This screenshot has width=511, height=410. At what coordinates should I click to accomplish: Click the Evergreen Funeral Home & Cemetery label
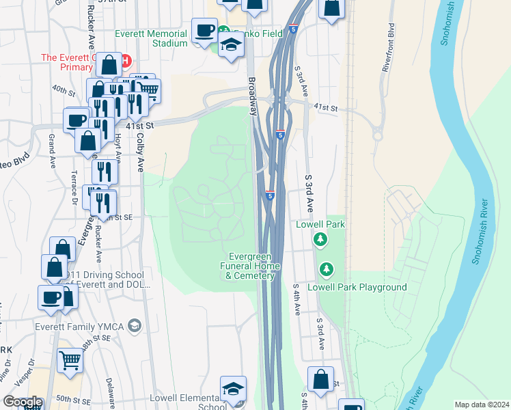[250, 266]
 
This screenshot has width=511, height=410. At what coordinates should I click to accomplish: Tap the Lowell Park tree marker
[320, 239]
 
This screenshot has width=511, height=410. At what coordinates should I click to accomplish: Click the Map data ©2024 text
[482, 405]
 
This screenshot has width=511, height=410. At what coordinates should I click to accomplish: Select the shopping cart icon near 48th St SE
[70, 360]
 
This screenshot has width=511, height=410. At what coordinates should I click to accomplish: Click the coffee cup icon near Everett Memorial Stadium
[204, 30]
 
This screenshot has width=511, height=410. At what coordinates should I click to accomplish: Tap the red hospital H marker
[125, 61]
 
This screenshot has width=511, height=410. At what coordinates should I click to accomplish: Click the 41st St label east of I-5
[326, 108]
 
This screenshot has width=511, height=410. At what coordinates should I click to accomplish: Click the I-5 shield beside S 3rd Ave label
[271, 196]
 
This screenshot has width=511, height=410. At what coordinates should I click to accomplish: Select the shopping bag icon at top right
[331, 8]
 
